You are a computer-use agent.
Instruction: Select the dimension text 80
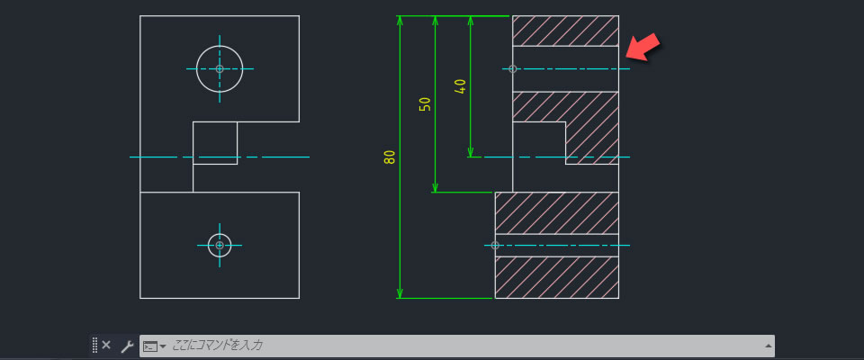[390, 157]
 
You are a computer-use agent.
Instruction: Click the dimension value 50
[425, 104]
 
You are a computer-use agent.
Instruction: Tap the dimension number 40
[460, 86]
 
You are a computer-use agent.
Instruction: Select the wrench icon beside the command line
[127, 346]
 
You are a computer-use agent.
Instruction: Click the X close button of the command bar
[106, 345]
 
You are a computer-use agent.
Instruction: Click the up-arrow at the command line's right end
[768, 346]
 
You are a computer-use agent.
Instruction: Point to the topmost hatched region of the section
[565, 31]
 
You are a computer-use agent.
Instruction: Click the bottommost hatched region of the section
[556, 277]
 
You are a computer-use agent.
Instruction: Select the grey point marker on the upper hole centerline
[512, 69]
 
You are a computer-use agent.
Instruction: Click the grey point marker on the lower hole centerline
[495, 246]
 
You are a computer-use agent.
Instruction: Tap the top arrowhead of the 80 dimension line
[400, 22]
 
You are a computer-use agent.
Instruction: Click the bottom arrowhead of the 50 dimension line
[435, 186]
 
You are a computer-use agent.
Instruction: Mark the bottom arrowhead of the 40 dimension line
[470, 151]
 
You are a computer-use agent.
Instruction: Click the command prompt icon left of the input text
[151, 346]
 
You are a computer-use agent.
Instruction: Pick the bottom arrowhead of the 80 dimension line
[400, 292]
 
